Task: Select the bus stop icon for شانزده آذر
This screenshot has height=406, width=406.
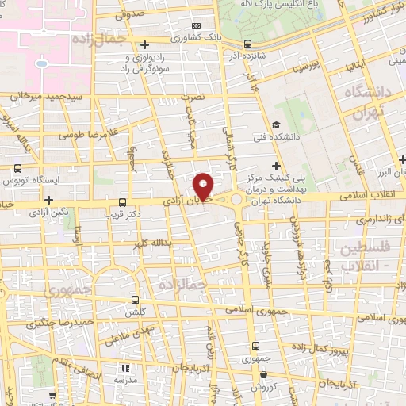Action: pyautogui.click(x=248, y=44)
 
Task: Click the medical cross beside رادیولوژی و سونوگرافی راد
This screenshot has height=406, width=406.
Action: pyautogui.click(x=144, y=44)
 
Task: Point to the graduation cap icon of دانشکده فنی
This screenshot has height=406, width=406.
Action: pyautogui.click(x=275, y=124)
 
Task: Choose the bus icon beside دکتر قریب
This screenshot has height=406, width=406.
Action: pyautogui.click(x=122, y=202)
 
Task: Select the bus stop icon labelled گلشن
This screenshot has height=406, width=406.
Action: pyautogui.click(x=136, y=300)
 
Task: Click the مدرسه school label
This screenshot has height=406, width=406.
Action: pyautogui.click(x=125, y=380)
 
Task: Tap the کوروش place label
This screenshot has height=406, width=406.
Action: pyautogui.click(x=262, y=386)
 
